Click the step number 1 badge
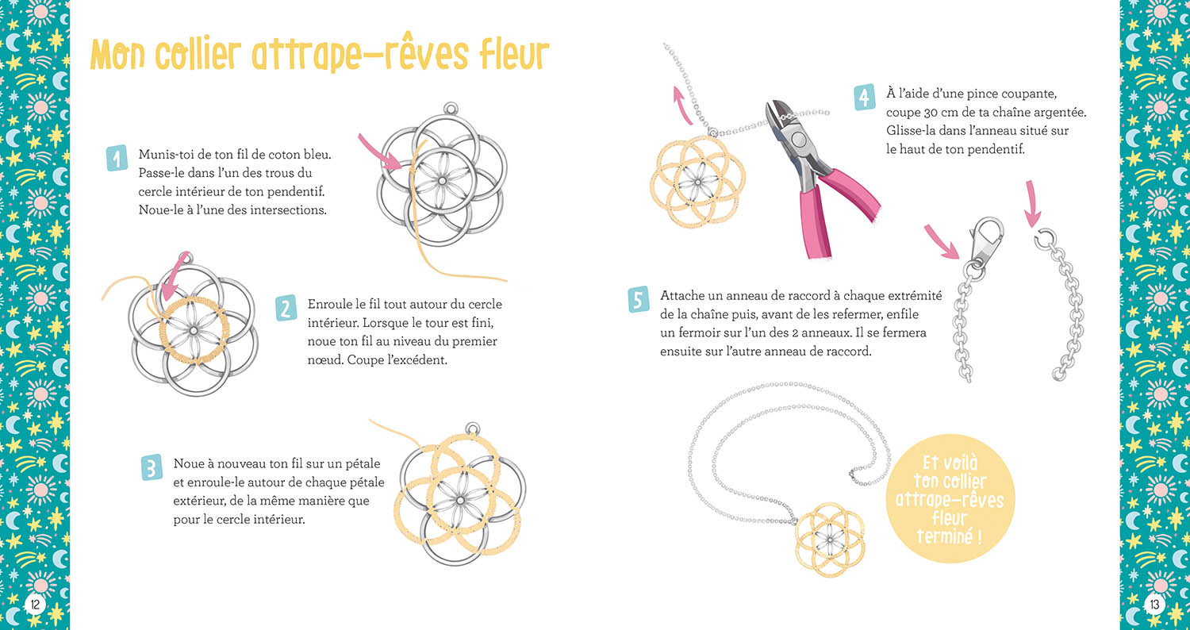(x=116, y=159)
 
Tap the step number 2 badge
(x=286, y=308)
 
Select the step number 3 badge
(x=152, y=468)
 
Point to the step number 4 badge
(x=865, y=97)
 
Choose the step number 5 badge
(x=639, y=299)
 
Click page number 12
(x=35, y=605)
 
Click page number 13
(x=1154, y=605)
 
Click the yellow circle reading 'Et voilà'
(x=949, y=499)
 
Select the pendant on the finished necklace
(x=828, y=534)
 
